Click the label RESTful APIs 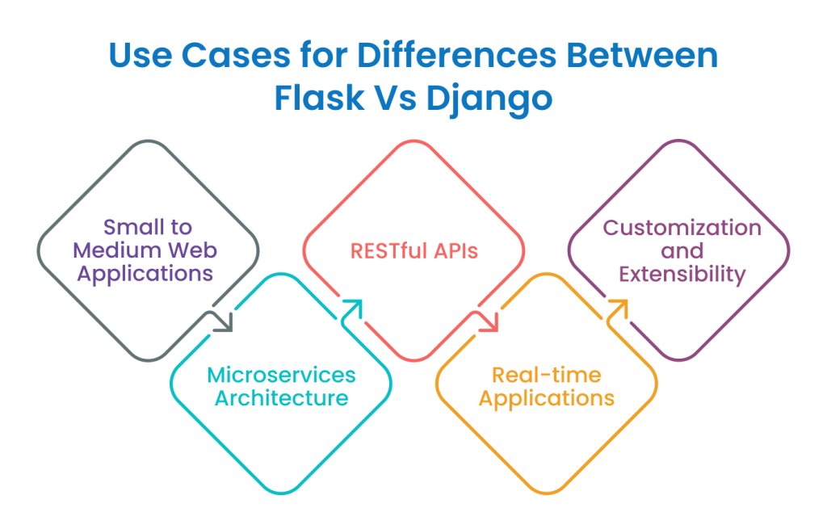[x=413, y=250]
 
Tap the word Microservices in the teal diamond [x=281, y=376]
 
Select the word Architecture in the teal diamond [x=281, y=398]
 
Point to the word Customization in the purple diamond [x=682, y=228]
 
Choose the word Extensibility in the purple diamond [x=682, y=274]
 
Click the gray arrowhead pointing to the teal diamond [x=224, y=322]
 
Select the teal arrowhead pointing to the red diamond [x=352, y=308]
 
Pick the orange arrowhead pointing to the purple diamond [x=618, y=308]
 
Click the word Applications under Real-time [x=547, y=398]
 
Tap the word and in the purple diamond [x=682, y=250]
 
